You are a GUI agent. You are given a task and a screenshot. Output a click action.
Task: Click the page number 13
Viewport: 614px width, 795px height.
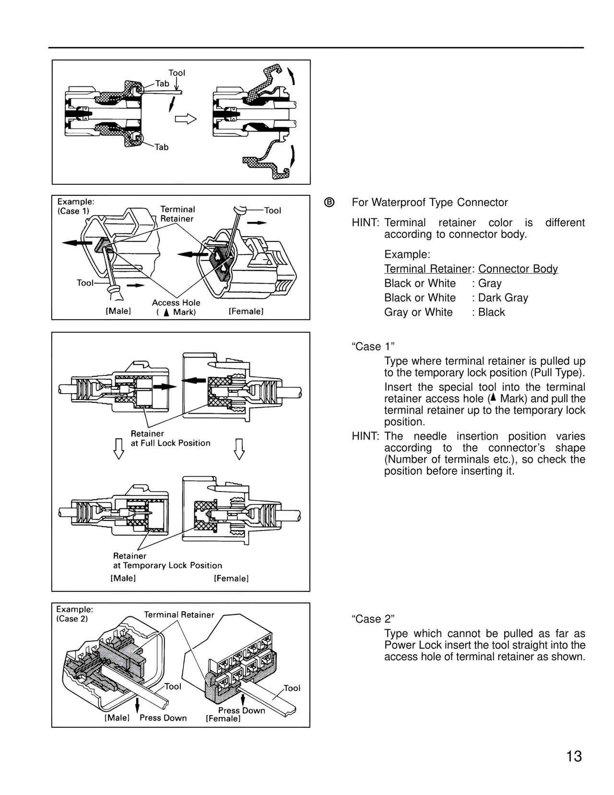point(574,756)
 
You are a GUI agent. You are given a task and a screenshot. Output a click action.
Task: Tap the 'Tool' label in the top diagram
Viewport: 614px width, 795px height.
point(177,73)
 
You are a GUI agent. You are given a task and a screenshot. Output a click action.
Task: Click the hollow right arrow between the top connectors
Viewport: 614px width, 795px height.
point(186,119)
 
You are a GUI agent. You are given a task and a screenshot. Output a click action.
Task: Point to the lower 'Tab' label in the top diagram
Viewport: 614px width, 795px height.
point(162,147)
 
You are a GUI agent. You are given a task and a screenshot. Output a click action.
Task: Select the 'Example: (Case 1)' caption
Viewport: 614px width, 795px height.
point(76,206)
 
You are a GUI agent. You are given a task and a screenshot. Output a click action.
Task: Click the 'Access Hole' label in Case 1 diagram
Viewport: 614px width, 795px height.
point(176,303)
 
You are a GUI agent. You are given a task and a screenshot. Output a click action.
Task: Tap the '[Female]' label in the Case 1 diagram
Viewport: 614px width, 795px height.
point(246,311)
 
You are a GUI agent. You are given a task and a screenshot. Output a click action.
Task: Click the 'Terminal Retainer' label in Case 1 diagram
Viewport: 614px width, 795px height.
point(177,214)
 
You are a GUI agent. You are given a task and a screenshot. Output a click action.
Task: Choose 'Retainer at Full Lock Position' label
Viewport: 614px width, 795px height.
point(170,438)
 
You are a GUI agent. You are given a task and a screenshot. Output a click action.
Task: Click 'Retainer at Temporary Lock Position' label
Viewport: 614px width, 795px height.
point(167,561)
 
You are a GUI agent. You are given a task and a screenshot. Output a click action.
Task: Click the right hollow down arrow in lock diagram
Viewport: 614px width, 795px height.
point(239,449)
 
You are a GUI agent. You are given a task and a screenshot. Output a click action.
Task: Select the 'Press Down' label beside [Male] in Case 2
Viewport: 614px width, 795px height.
point(163,718)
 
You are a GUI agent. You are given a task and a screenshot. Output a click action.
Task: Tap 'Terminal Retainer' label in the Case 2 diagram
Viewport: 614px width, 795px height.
point(179,614)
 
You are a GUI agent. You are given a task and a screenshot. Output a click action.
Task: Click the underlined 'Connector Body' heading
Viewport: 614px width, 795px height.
point(518,269)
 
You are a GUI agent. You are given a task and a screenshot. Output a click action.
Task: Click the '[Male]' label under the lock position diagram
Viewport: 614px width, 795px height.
point(123,578)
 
